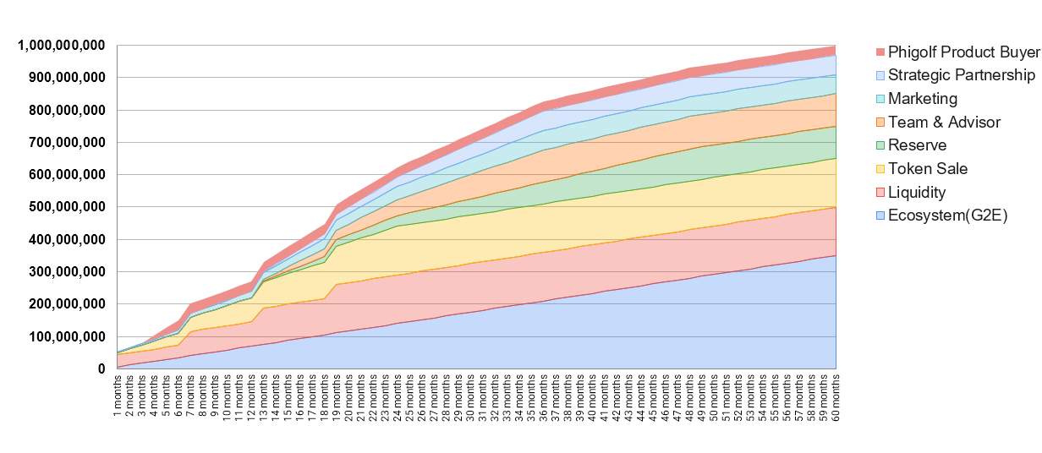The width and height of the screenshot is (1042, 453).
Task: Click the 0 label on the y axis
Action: click(x=101, y=369)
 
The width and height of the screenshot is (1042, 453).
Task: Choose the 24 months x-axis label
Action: click(x=398, y=396)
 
